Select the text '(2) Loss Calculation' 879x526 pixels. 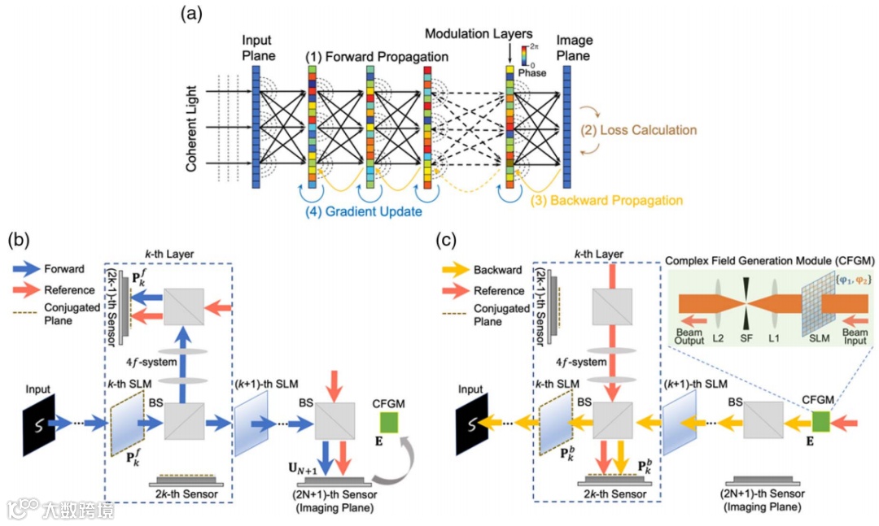(638, 129)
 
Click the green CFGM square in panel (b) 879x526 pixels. (390, 423)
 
